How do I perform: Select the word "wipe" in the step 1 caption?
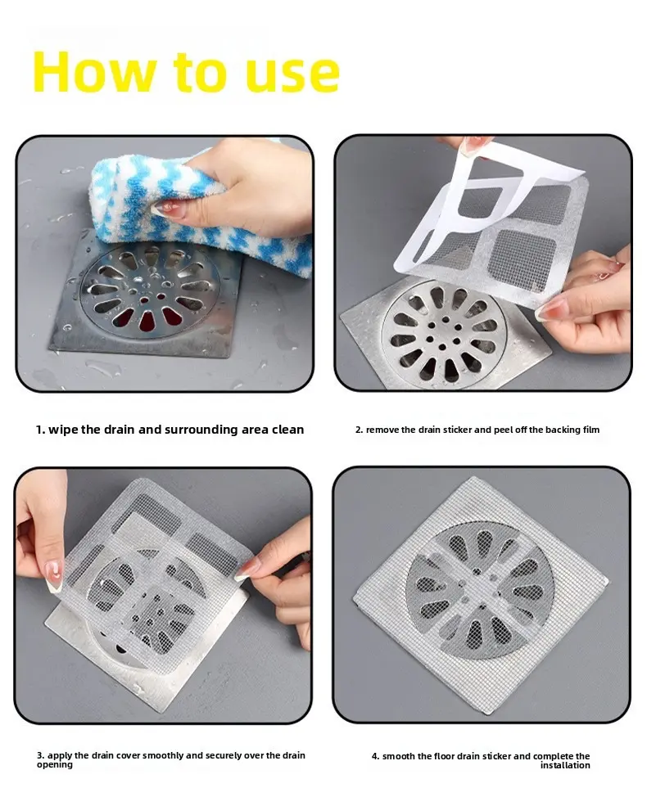pos(63,430)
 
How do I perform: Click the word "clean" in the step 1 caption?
pos(287,430)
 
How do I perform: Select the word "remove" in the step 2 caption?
pos(382,430)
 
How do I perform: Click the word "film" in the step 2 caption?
pos(591,430)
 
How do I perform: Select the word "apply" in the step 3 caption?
pos(60,756)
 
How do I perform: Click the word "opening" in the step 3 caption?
pos(54,765)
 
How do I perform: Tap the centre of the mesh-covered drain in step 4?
pos(479,590)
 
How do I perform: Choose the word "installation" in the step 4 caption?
pos(565,765)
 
